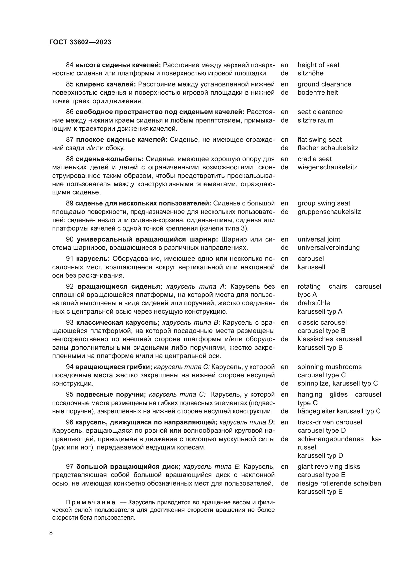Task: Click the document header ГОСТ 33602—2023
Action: (80, 42)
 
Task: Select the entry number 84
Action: (70, 65)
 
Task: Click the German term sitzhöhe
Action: (310, 73)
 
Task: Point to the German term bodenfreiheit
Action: (317, 92)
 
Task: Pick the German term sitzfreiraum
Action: (315, 120)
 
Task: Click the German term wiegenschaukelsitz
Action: (327, 167)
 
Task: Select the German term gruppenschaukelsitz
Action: (329, 212)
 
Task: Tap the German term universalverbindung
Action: (328, 248)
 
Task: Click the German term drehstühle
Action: (314, 303)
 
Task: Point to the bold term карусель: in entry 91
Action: (93, 259)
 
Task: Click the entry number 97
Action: (70, 466)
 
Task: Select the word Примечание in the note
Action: (90, 503)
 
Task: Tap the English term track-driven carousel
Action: (330, 422)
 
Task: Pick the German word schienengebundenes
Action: (330, 439)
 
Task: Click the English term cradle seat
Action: (315, 159)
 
